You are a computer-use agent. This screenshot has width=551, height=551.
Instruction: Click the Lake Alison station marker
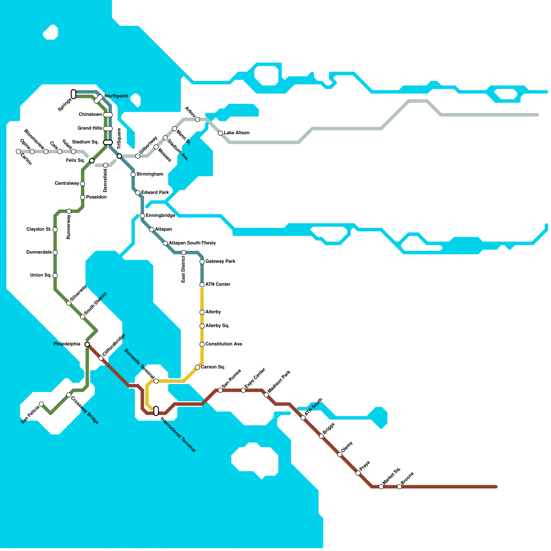coord(220,133)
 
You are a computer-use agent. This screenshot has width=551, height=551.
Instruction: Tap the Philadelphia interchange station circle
coord(87,344)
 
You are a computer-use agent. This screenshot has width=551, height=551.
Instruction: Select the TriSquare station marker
coord(119,156)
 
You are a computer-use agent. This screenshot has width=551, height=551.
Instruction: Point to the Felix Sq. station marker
coord(92,161)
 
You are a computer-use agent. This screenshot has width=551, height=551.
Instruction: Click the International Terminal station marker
coord(156,411)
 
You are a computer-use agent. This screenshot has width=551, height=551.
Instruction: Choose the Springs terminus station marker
coord(73,94)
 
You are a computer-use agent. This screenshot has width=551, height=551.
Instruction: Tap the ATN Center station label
coord(218,284)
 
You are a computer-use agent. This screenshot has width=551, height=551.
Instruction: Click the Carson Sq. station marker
coord(197,367)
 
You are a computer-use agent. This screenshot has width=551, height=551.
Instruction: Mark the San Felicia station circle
coord(41,404)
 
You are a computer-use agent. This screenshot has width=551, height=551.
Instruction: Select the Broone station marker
coord(399,487)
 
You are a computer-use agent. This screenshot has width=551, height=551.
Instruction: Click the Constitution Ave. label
coord(224,344)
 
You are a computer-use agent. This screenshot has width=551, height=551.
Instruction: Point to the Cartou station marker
coord(18,152)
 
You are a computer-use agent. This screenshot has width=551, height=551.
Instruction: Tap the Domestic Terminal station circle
coord(156,381)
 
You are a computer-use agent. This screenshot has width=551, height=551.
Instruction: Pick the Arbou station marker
coord(197,119)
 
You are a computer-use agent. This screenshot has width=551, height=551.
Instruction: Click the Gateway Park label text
coord(220,261)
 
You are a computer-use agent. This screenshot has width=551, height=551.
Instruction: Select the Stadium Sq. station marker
coord(108,142)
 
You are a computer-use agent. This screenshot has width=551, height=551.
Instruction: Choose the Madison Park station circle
coord(266,395)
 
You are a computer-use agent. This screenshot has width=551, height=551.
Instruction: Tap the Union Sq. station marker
coord(55,275)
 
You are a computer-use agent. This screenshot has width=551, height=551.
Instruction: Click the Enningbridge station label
coord(160,216)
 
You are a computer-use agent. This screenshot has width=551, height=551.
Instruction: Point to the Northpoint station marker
coord(98,99)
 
